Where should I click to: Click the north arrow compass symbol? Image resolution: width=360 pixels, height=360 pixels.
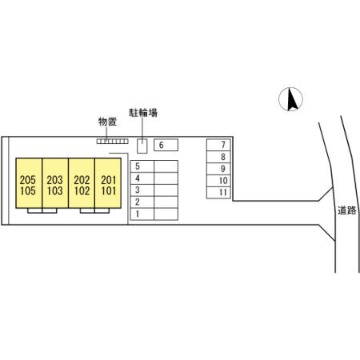click(x=290, y=99)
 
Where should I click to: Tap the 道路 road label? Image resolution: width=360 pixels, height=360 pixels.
click(x=346, y=210)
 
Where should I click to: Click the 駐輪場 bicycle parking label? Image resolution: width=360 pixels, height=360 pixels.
click(x=143, y=113)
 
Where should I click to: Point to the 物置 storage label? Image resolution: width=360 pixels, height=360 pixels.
click(x=107, y=122)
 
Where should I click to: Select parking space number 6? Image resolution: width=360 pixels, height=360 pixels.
click(x=166, y=145)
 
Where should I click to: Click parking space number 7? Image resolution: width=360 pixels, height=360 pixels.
click(x=218, y=145)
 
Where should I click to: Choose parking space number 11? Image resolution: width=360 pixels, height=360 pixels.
click(x=218, y=193)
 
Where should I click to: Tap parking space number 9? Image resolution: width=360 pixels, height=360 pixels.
click(x=218, y=169)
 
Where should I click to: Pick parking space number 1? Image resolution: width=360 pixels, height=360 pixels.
click(x=142, y=214)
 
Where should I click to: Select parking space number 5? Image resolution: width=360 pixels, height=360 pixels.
click(x=142, y=166)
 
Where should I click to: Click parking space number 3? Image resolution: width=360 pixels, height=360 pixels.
click(x=142, y=190)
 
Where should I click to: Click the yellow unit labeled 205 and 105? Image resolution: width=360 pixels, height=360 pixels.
click(x=29, y=183)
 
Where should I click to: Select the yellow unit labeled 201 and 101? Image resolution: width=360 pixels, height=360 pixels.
click(x=108, y=183)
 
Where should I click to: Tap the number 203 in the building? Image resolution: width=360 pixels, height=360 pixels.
click(x=55, y=180)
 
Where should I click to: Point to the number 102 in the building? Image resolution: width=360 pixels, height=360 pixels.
click(x=82, y=191)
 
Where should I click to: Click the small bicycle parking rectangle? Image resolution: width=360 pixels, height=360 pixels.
click(x=142, y=146)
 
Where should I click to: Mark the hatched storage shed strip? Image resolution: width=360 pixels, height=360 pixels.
click(x=112, y=142)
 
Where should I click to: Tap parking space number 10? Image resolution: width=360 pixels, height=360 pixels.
click(x=218, y=181)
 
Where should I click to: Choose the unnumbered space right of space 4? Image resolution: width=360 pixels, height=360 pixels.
click(x=166, y=178)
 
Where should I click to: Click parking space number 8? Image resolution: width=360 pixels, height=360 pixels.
click(x=218, y=157)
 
